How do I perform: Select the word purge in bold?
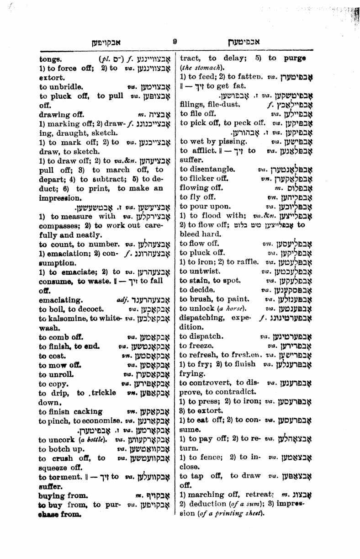coord(294,59)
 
